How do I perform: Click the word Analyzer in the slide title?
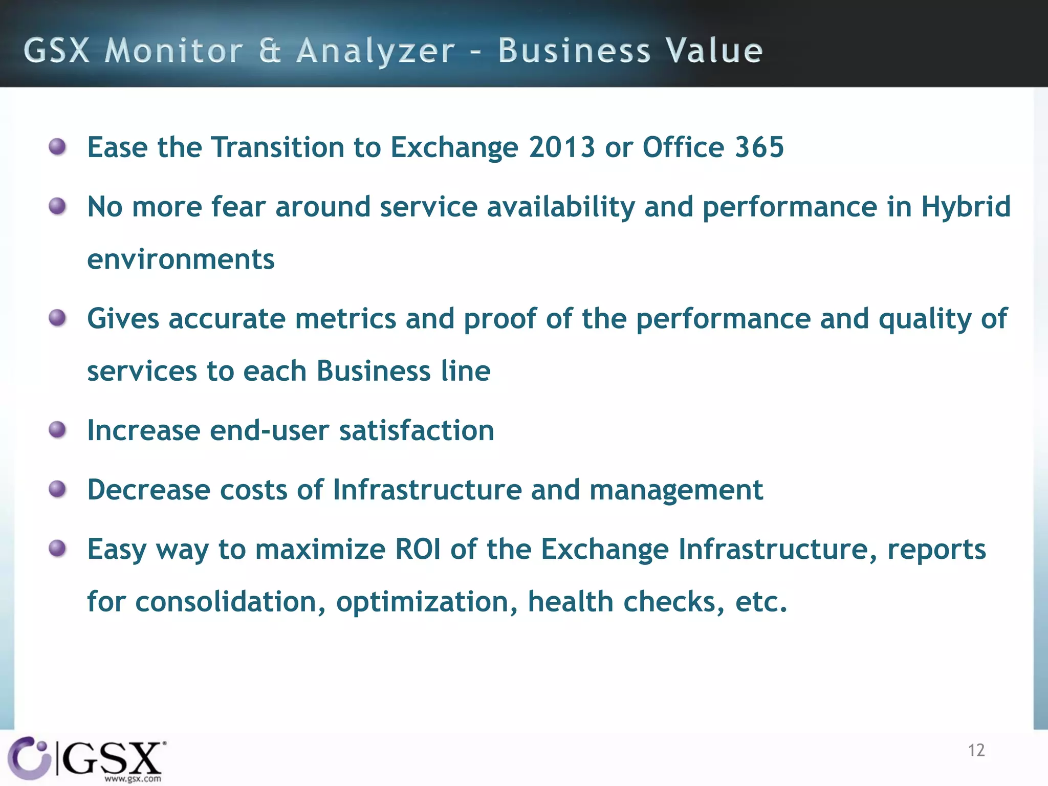375,51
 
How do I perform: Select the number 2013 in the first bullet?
562,147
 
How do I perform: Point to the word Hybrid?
966,207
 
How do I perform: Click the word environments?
181,259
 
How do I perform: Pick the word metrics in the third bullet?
345,318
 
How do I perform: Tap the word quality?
924,319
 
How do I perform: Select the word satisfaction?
417,430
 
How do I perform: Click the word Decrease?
148,490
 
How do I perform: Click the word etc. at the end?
761,602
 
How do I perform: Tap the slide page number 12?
976,750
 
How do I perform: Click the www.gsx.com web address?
133,779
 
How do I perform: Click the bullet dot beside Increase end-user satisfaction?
57,430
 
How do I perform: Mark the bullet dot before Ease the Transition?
57,147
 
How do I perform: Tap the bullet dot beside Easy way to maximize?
57,549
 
